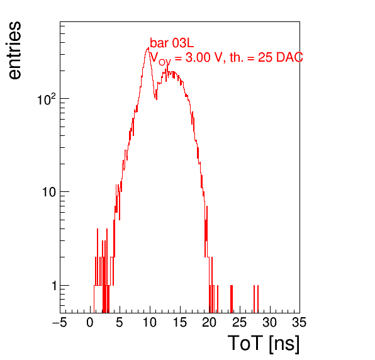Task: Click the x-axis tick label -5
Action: (x=60, y=322)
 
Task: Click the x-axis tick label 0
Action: (x=90, y=322)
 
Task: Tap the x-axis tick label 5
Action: (x=120, y=322)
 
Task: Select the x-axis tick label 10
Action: (x=150, y=322)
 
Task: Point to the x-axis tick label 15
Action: (x=180, y=322)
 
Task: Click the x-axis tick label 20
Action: (x=210, y=322)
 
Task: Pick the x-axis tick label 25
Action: (x=240, y=322)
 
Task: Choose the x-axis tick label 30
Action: (x=270, y=322)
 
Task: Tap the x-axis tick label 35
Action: (x=299, y=322)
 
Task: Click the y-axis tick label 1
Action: (x=54, y=286)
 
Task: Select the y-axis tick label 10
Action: (x=49, y=192)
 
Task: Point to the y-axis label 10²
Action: (x=47, y=99)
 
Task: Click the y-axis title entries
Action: (x=14, y=50)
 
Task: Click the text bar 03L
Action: (x=172, y=43)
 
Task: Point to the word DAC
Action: (x=289, y=57)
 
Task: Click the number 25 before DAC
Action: (x=265, y=57)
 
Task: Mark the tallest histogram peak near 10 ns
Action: (x=148, y=48)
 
